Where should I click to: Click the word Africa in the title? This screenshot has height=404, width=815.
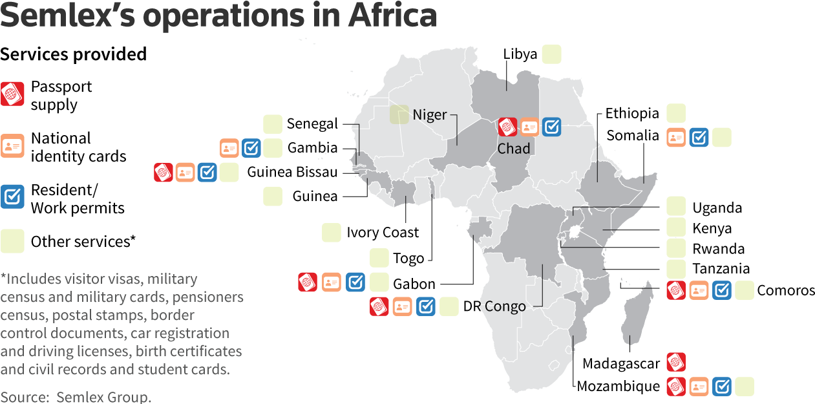coord(392,16)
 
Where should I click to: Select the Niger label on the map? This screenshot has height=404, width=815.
coord(430,115)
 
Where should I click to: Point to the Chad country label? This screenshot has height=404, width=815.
coord(514,149)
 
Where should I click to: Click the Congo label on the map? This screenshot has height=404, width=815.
coord(505,306)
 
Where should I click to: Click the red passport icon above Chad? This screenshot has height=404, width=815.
coord(508,127)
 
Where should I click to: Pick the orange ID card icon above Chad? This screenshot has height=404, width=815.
coord(529,127)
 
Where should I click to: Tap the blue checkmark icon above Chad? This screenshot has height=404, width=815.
coord(551,127)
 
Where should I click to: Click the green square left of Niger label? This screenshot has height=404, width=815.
coord(399,114)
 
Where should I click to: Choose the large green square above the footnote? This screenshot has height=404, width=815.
coord(12,241)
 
